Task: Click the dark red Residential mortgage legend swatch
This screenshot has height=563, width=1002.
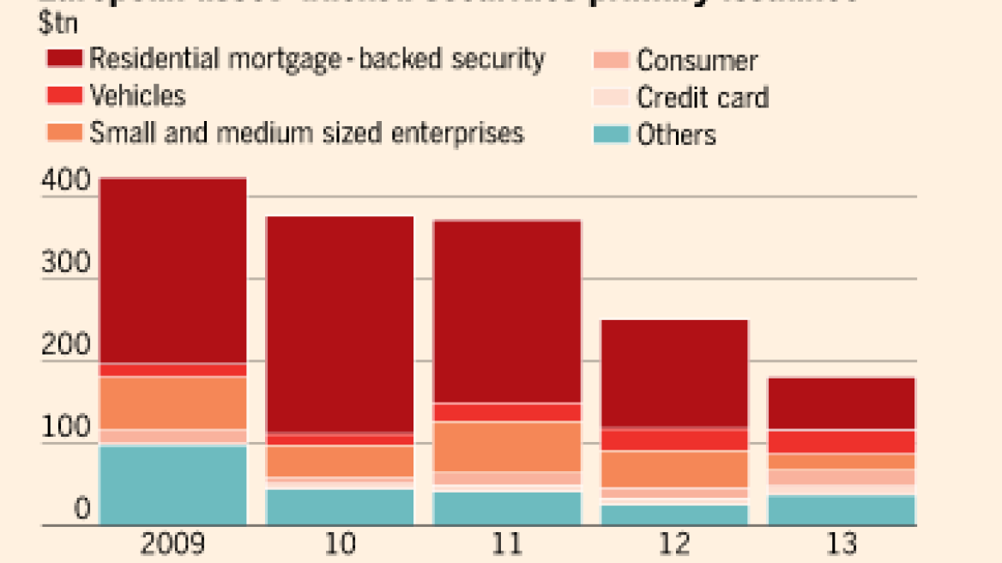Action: tap(63, 59)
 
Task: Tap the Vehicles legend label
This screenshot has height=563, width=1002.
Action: tap(137, 95)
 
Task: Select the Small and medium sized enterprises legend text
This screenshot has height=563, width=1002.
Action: tap(306, 133)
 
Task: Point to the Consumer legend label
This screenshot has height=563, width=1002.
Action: tap(697, 60)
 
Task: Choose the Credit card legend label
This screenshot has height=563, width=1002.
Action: tap(702, 98)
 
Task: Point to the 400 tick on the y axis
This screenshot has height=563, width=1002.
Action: tap(64, 181)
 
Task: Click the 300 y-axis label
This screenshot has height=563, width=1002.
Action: tap(64, 263)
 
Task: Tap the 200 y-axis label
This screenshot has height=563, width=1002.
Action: tap(64, 345)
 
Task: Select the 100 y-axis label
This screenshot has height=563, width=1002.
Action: tap(64, 427)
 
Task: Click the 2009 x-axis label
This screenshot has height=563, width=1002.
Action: tap(172, 545)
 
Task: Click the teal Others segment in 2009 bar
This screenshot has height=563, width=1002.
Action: tap(173, 484)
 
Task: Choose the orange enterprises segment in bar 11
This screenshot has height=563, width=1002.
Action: tap(507, 446)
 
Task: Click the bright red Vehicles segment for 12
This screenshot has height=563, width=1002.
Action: tap(674, 440)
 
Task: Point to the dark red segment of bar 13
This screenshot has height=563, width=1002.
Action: tap(842, 403)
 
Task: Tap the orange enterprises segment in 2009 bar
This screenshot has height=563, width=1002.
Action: tap(173, 403)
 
